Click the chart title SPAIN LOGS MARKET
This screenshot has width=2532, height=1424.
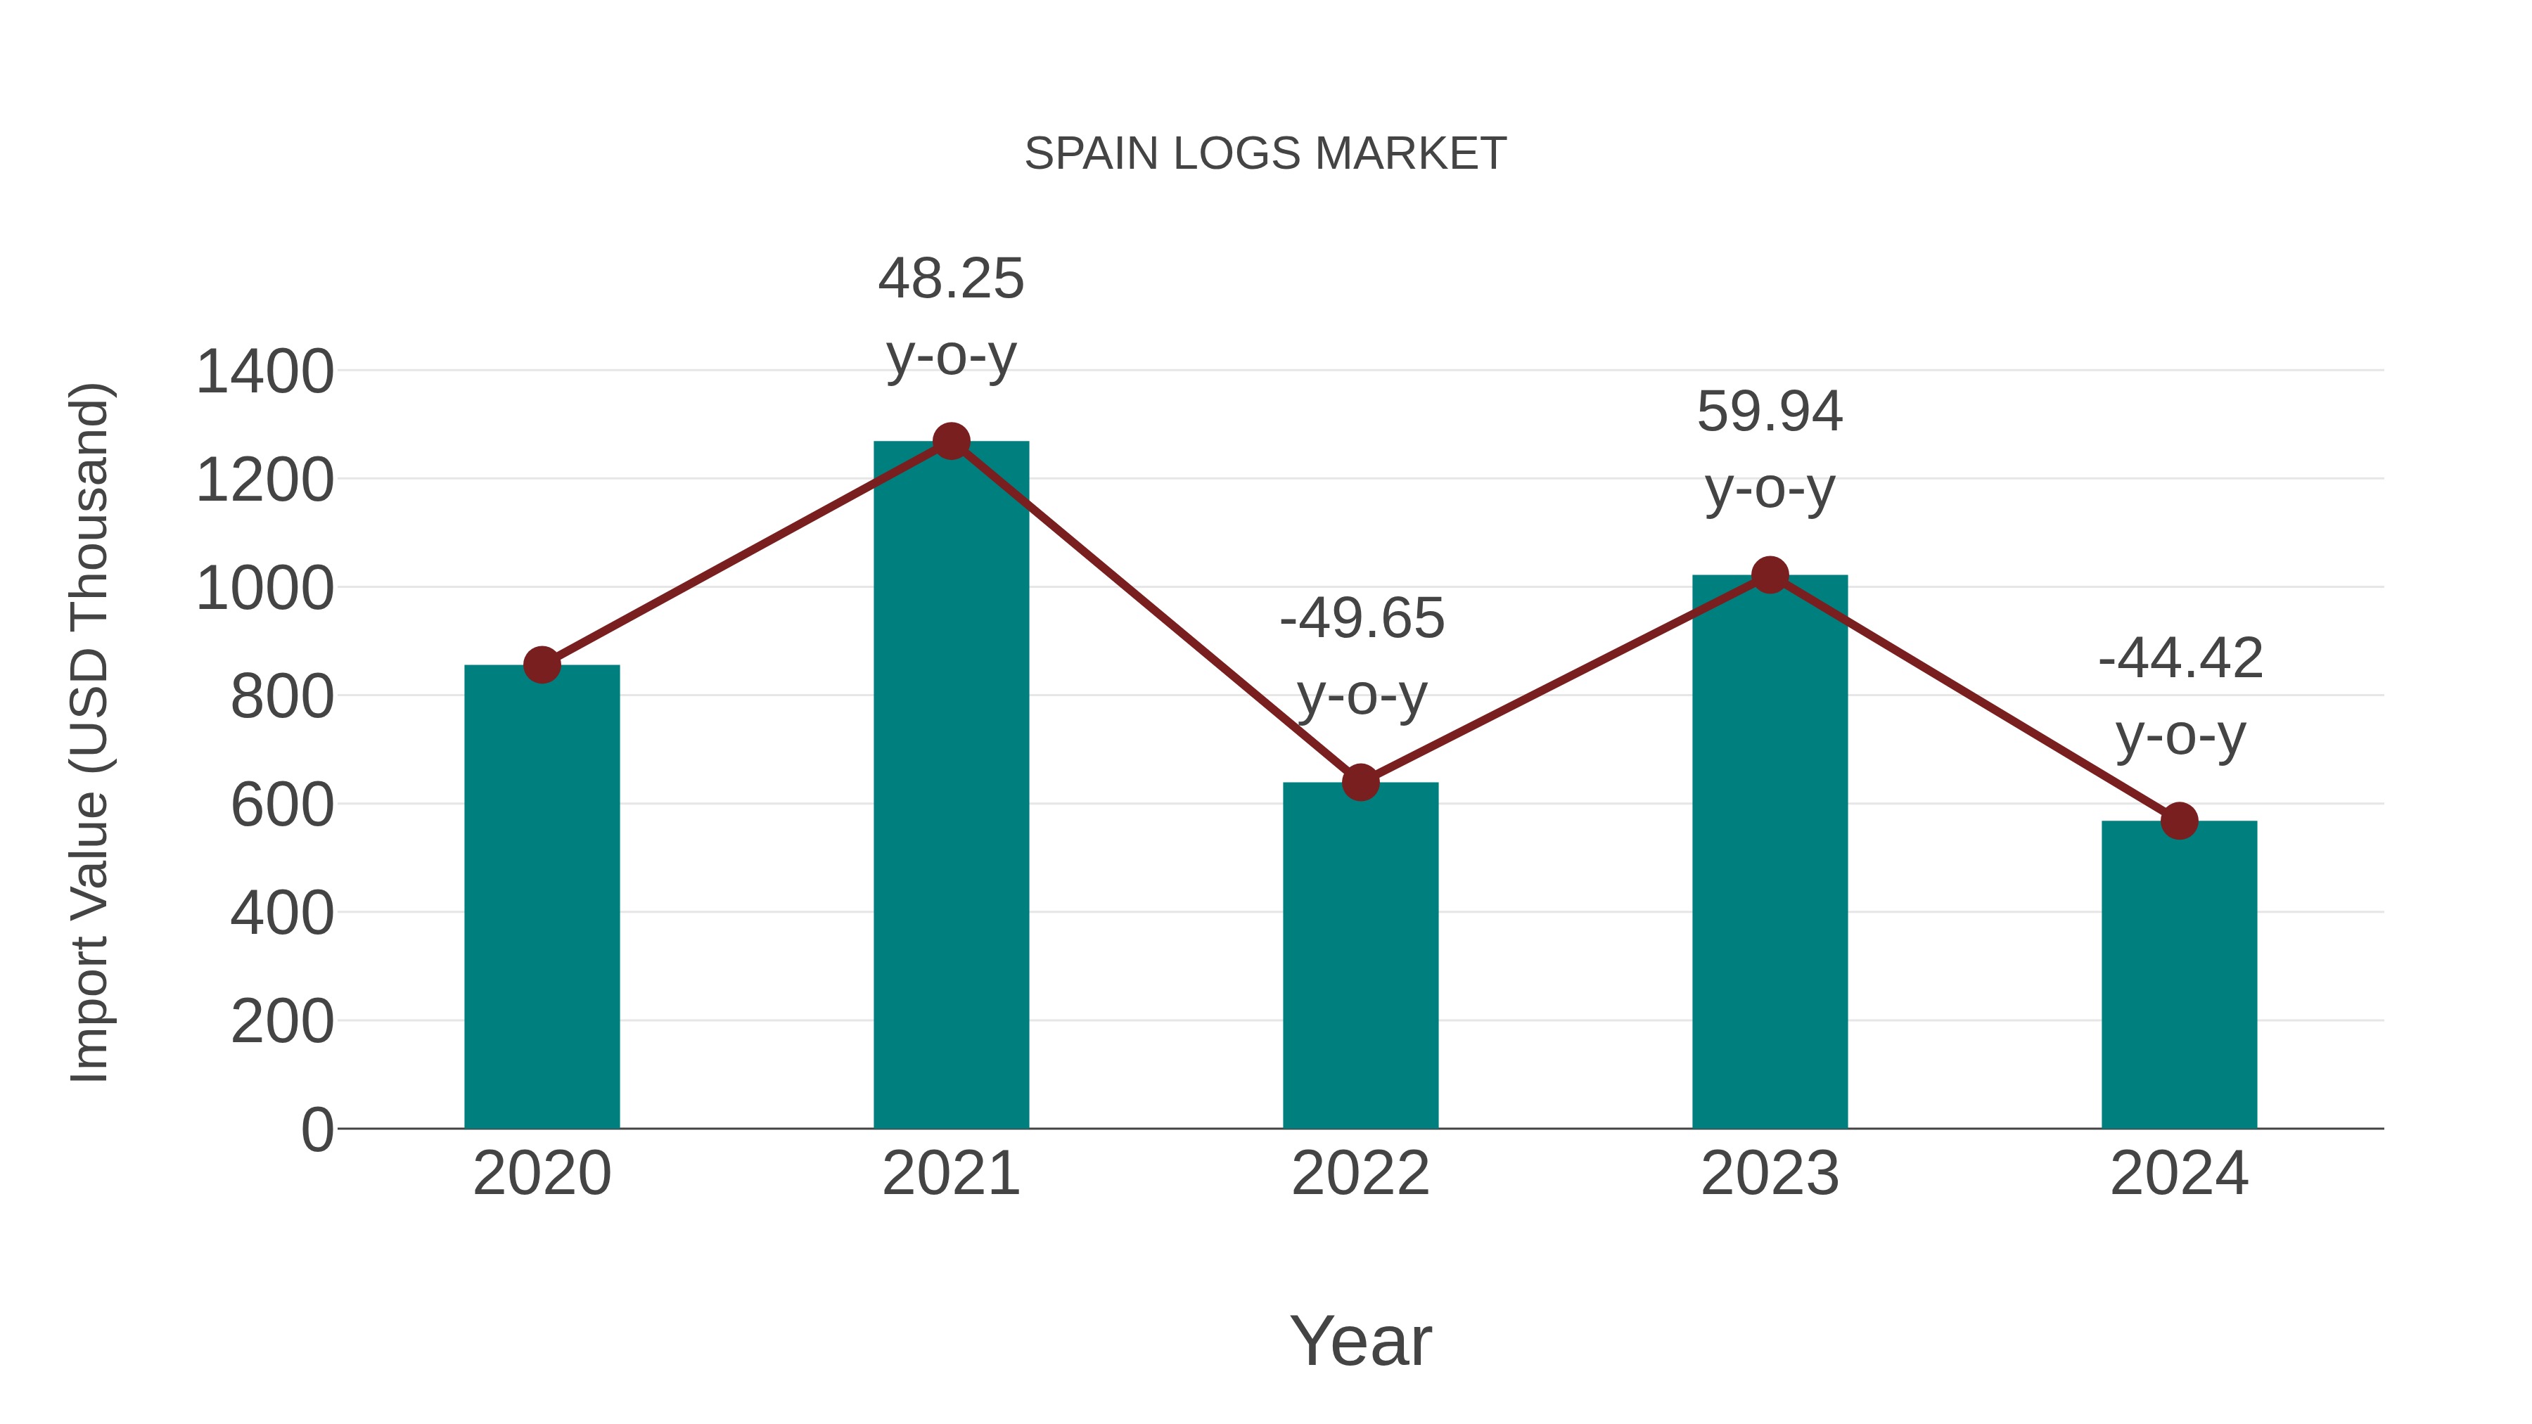[1265, 154]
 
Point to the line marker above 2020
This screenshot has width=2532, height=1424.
[542, 665]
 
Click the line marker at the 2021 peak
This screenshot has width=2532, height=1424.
[950, 441]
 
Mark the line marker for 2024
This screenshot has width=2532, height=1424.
[2179, 821]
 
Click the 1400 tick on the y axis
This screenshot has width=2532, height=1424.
[264, 373]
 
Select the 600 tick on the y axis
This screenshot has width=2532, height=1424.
[282, 805]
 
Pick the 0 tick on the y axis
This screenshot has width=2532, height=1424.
[317, 1129]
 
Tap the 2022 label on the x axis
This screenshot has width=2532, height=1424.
[1360, 1174]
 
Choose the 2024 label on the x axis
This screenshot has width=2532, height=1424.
[2179, 1174]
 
